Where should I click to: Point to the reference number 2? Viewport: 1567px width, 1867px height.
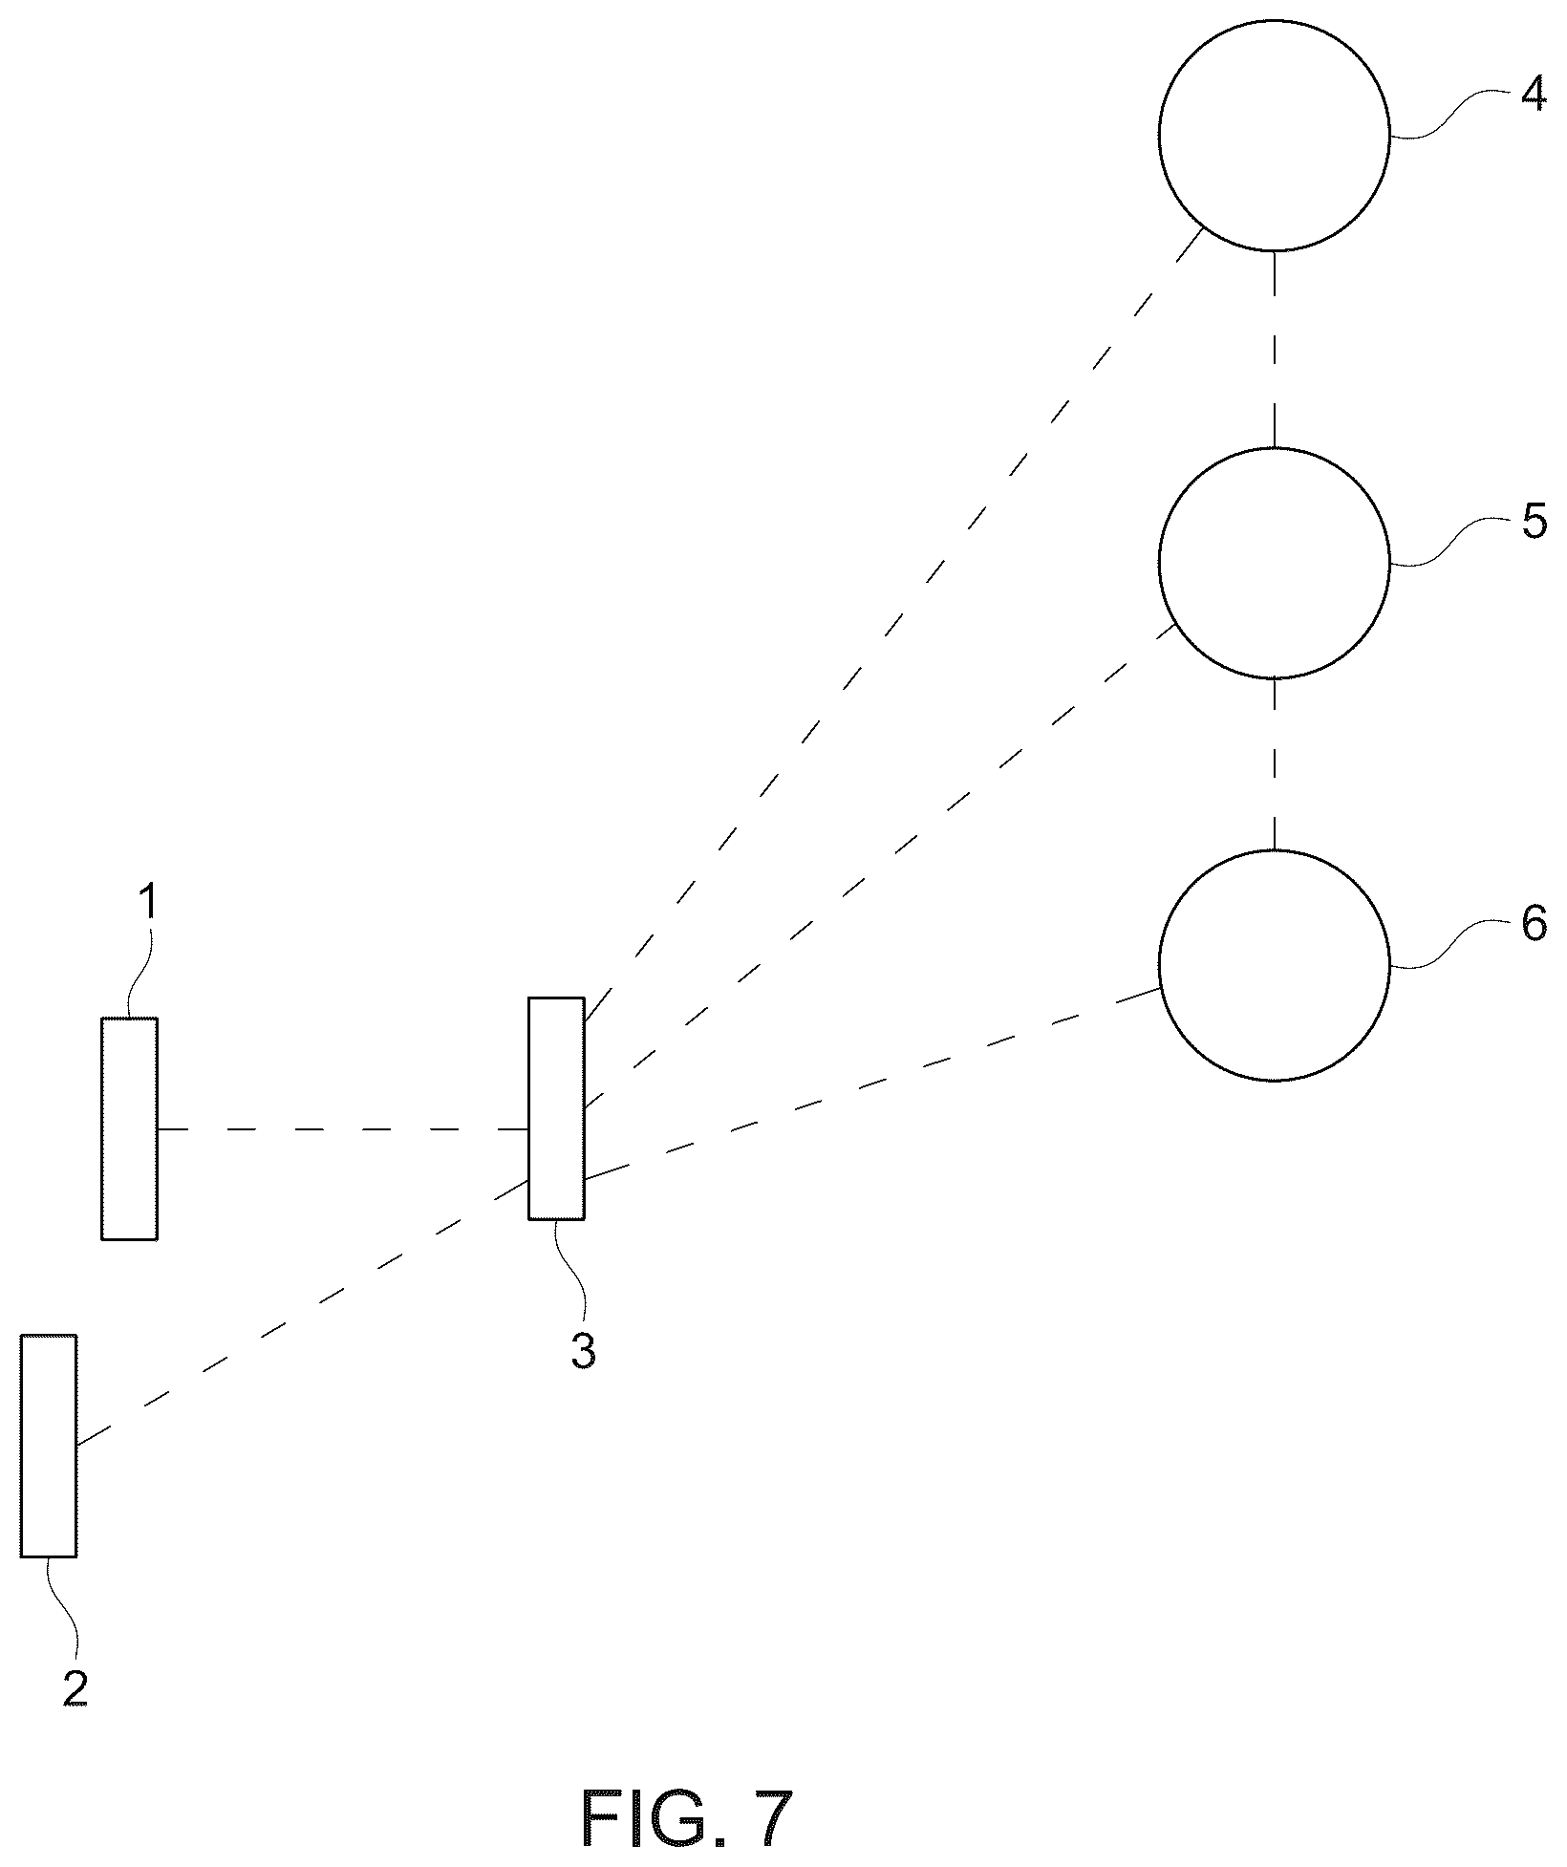75,1688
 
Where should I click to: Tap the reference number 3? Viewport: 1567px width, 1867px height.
584,1351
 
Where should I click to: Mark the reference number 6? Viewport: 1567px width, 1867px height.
1534,924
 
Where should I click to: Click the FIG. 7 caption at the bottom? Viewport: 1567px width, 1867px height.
687,1819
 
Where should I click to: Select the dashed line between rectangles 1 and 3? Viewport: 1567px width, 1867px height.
343,1129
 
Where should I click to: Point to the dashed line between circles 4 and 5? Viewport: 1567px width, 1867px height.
1274,350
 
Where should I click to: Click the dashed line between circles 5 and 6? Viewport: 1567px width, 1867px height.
1274,764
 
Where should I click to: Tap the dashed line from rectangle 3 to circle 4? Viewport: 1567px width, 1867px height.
893,627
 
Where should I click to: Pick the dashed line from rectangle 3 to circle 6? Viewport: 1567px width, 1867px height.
871,1084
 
